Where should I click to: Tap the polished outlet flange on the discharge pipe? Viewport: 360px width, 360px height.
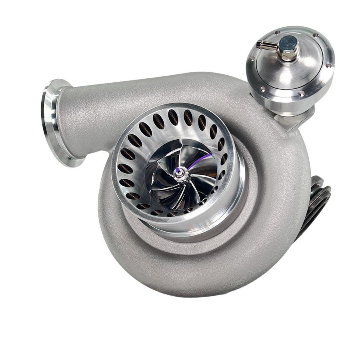[x=56, y=120]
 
